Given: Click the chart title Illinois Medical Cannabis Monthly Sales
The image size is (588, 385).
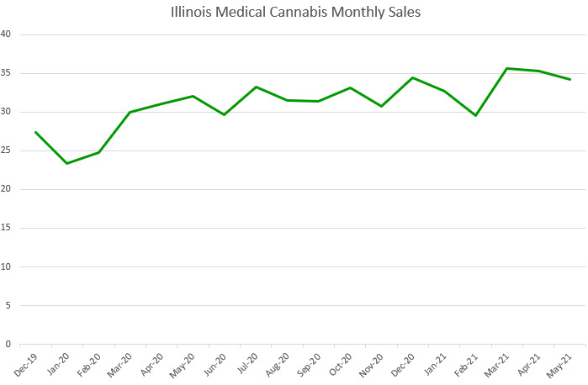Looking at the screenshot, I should coord(294,13).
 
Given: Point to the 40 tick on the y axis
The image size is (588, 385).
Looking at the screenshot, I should coord(8,34).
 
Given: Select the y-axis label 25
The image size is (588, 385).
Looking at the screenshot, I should coord(8,150).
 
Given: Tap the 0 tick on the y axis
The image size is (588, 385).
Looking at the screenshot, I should coord(9,344).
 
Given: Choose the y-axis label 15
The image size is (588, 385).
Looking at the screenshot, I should coord(8,228).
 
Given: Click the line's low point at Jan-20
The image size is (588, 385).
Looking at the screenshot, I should coord(67,163).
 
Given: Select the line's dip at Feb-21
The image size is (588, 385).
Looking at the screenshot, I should coord(475,115).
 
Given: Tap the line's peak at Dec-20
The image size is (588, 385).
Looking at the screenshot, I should coord(413,77).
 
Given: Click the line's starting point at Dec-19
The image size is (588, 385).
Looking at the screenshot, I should coord(35,132).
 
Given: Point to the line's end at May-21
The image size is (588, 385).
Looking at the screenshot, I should coord(570,79).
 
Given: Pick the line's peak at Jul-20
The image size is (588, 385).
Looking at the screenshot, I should coord(256,87).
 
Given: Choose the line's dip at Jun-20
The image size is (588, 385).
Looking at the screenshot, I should coord(224,114).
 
